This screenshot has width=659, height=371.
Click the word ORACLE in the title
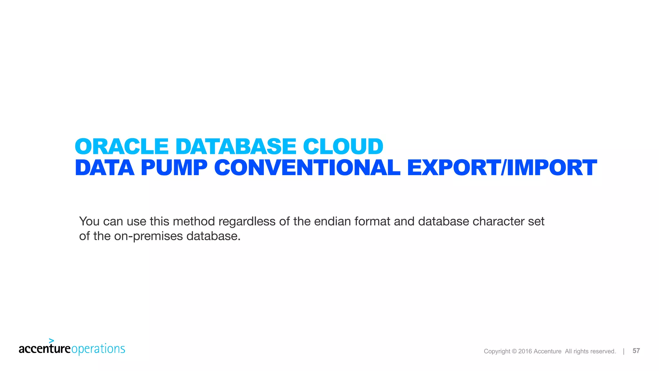(122, 147)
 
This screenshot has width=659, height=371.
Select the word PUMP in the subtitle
(174, 168)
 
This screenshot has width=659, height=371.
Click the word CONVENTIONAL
(307, 168)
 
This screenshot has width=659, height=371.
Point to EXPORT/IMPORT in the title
(502, 168)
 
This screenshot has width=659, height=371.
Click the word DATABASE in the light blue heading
(236, 147)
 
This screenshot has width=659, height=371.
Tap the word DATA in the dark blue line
(105, 168)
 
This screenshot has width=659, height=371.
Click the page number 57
(636, 351)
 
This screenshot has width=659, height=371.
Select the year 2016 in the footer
(525, 351)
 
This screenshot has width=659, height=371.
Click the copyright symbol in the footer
(514, 351)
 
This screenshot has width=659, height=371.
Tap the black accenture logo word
(44, 349)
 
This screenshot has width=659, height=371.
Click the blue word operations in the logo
(98, 349)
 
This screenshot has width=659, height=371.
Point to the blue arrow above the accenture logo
(51, 341)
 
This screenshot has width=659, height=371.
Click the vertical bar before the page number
(624, 351)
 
